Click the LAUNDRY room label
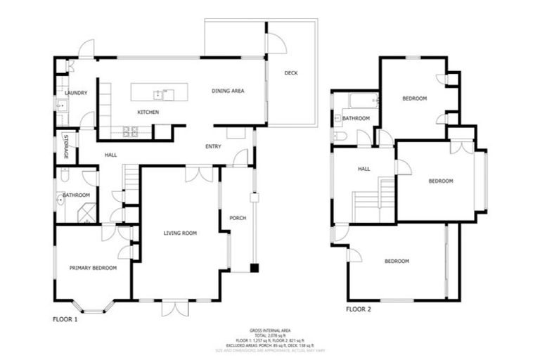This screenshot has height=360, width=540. [x=75, y=93]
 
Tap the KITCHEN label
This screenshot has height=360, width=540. [x=148, y=112]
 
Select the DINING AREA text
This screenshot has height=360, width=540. [x=228, y=91]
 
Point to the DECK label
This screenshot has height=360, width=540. [x=291, y=73]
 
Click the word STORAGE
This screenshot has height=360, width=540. [x=66, y=146]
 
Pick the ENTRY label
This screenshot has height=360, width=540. [x=213, y=146]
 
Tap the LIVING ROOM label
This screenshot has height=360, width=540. [x=180, y=233]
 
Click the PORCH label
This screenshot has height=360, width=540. [x=238, y=218]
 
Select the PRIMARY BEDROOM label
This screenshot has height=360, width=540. [x=93, y=268]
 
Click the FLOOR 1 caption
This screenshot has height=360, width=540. [x=65, y=319]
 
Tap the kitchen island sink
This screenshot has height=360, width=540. [x=164, y=93]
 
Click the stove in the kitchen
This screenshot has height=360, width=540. [x=130, y=130]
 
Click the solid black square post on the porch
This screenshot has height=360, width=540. [x=254, y=268]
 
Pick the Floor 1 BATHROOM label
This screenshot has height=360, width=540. [x=76, y=195]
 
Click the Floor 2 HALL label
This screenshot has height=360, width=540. [x=364, y=169]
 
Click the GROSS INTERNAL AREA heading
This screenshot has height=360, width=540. [x=270, y=330]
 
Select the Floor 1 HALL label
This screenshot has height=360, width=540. [x=110, y=155]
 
